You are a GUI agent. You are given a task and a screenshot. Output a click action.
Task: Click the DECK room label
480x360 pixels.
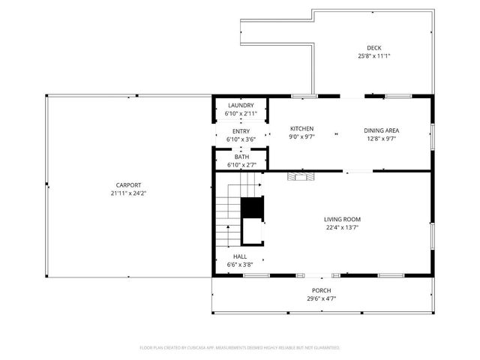click(x=373, y=46)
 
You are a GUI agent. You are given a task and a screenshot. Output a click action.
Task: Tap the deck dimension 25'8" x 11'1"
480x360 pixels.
click(x=373, y=55)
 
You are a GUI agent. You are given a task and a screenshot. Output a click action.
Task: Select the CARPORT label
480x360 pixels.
click(x=127, y=185)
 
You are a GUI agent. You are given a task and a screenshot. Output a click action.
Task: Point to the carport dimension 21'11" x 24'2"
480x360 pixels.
click(x=127, y=193)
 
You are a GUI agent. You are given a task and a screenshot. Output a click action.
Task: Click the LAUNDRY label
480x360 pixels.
click(x=241, y=106)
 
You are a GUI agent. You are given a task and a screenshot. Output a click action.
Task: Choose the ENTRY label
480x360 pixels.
click(x=241, y=131)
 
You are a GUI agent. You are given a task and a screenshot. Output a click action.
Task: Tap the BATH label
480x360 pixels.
click(x=241, y=157)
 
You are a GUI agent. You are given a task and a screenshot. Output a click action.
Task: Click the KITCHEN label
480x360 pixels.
click(x=301, y=129)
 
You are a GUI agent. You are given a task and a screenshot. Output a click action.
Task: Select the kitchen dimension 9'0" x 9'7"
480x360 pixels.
click(x=301, y=138)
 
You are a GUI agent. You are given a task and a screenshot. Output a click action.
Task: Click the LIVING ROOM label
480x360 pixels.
click(x=342, y=219)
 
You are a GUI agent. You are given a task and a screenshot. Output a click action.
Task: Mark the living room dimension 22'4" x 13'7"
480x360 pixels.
click(x=342, y=228)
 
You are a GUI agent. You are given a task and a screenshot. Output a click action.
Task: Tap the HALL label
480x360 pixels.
click(x=240, y=256)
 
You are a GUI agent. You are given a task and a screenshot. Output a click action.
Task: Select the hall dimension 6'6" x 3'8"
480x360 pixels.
click(x=240, y=265)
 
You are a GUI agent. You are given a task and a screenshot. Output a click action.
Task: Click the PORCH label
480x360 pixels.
click(x=321, y=290)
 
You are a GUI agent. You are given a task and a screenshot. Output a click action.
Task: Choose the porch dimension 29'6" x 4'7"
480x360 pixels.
click(x=321, y=299)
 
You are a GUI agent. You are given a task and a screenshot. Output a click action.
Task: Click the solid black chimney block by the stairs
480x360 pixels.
click(x=252, y=207)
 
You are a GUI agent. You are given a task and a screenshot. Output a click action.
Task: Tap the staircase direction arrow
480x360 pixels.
click(x=255, y=183)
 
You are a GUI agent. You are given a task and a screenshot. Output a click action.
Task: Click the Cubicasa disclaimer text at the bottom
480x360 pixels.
click(x=240, y=348)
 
